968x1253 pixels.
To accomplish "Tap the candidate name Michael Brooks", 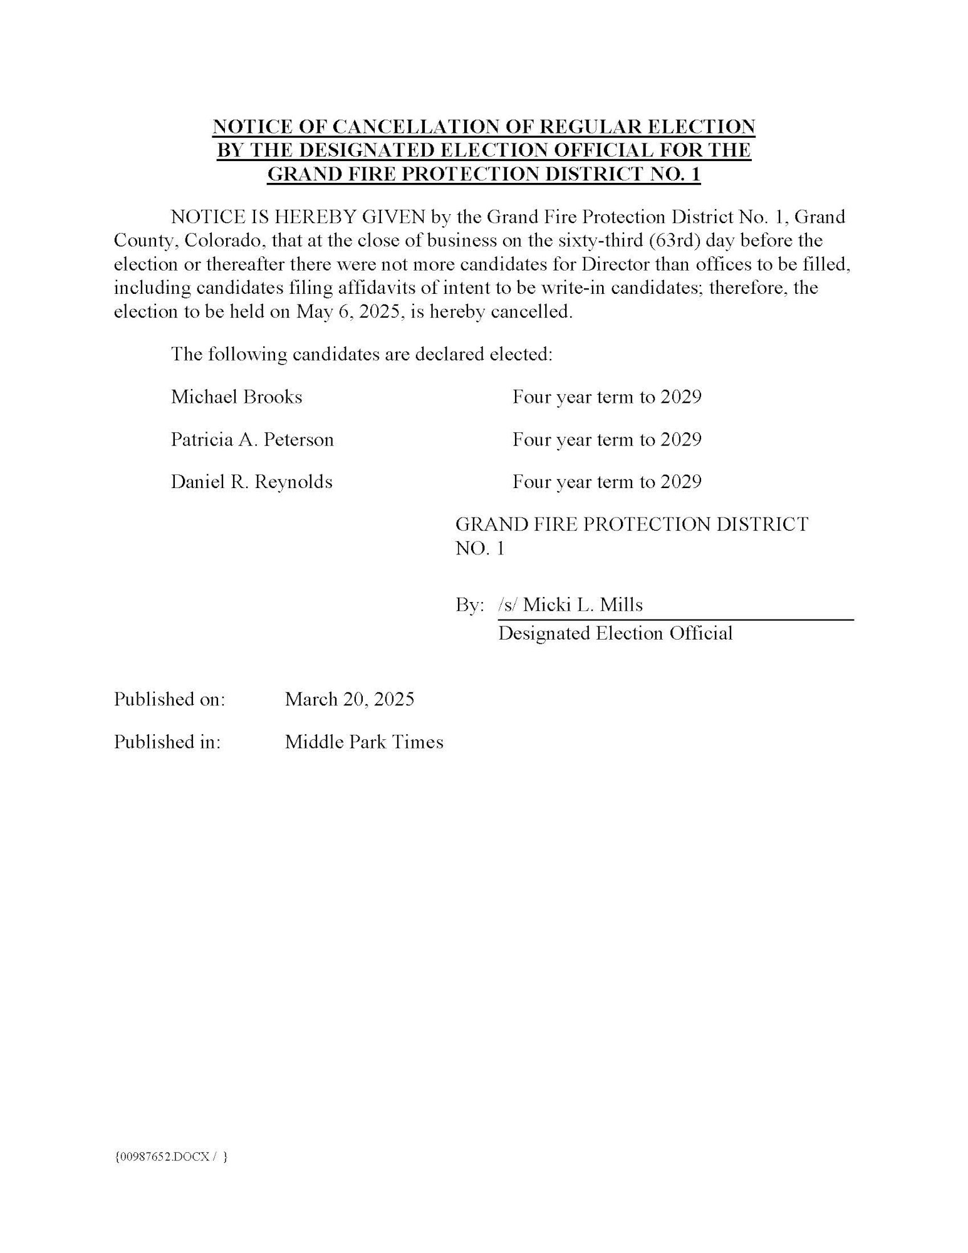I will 236,397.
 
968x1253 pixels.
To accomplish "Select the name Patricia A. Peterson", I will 252,439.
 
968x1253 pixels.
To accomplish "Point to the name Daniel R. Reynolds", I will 251,482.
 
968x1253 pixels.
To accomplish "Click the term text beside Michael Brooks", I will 606,397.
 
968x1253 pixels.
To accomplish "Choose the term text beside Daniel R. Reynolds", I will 606,482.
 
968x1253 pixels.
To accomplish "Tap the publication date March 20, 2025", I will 349,699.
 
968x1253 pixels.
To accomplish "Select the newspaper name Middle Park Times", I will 363,742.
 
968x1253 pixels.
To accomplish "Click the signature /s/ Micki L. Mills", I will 570,605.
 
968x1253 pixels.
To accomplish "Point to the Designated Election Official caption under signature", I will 615,633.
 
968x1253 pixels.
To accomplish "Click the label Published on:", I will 169,699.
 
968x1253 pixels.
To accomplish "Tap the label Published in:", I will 167,742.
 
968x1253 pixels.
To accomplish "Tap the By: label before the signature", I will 469,605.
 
